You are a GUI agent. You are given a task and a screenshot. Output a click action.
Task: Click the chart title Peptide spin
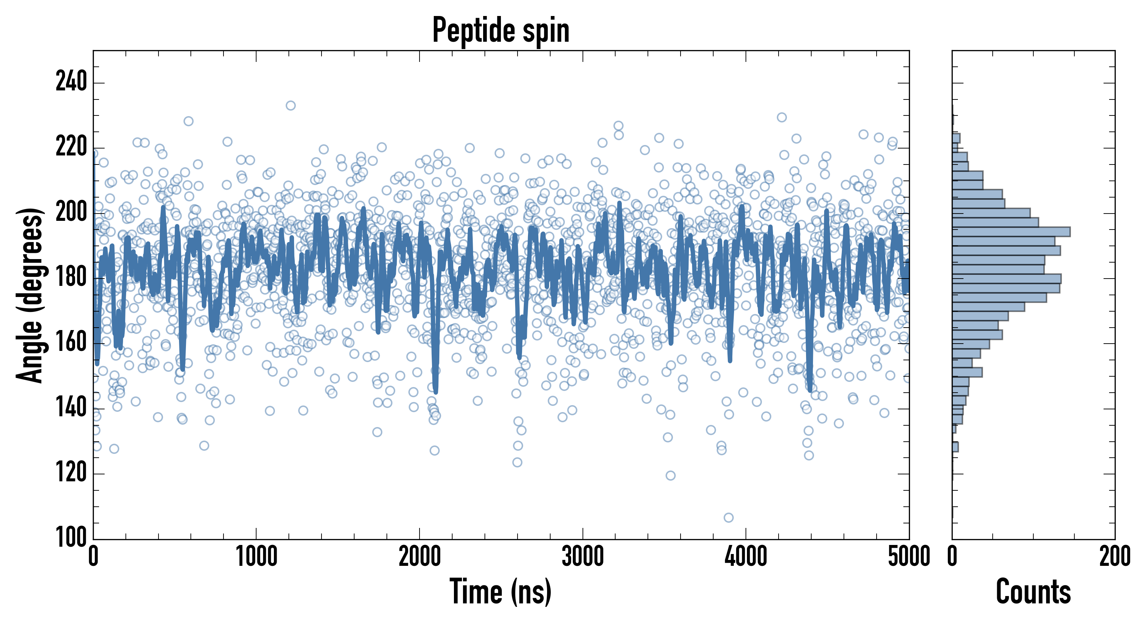(501, 30)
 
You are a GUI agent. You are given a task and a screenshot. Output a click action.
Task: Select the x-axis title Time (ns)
(501, 591)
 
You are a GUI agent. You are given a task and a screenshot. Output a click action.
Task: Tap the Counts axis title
(1033, 591)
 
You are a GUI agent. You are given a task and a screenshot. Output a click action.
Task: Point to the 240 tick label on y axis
(71, 82)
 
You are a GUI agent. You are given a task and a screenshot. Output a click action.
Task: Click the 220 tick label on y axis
(71, 147)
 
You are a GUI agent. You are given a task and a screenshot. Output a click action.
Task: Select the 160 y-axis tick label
(71, 343)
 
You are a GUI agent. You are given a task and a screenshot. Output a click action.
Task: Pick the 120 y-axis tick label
(71, 473)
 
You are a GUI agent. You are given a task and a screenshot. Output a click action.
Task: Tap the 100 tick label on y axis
(71, 537)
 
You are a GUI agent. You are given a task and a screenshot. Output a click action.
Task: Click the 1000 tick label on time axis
(257, 556)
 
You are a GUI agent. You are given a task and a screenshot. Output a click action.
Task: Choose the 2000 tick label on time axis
(420, 556)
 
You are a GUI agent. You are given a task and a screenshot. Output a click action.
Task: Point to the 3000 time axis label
(583, 556)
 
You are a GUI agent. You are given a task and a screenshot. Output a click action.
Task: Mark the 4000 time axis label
(746, 556)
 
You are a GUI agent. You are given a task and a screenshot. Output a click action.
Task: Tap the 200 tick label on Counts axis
(1114, 556)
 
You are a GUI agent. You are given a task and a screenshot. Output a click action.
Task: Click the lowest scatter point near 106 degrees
(729, 517)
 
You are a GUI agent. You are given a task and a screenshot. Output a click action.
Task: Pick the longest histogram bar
(1011, 232)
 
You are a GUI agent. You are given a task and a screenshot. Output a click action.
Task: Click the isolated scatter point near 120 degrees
(670, 475)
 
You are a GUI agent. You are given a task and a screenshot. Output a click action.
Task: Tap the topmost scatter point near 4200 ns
(781, 117)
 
